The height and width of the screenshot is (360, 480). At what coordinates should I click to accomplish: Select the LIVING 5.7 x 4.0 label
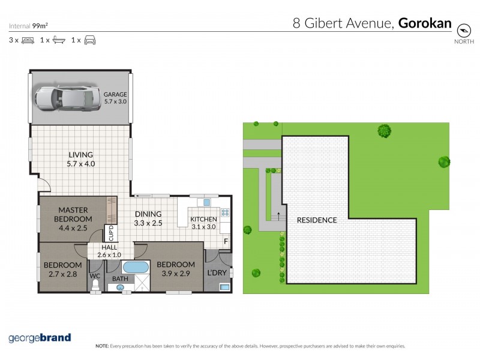point(81,159)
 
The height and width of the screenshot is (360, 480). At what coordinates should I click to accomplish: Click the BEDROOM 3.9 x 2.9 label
point(176,268)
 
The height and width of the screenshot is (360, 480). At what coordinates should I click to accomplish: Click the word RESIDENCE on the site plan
point(317,220)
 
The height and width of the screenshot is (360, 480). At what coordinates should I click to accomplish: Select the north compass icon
point(463,31)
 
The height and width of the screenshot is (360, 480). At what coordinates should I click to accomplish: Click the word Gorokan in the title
point(424,24)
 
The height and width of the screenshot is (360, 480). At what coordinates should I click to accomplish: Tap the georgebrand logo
point(40,338)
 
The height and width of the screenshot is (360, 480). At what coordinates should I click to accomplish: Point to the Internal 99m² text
point(29,26)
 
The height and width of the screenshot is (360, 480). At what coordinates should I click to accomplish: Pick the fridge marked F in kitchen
point(225,242)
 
